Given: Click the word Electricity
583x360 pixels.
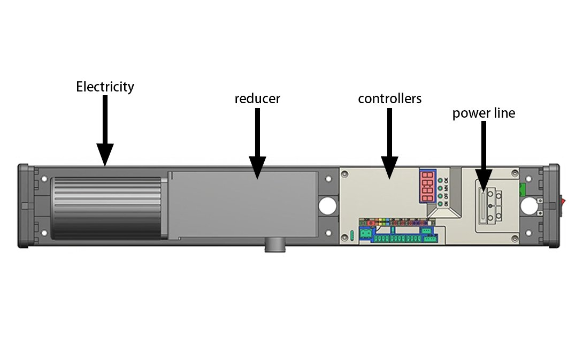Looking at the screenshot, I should click(x=105, y=87).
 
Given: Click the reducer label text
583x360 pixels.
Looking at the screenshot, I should click(x=257, y=99).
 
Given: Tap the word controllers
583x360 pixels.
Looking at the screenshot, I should click(x=389, y=99).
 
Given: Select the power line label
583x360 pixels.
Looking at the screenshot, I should click(x=484, y=113).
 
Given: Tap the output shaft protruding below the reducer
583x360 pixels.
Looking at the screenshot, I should click(x=275, y=247).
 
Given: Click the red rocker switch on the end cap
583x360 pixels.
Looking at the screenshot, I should click(x=563, y=204).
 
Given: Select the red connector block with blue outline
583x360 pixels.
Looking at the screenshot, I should click(x=427, y=187).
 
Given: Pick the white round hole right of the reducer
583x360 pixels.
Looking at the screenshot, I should click(x=327, y=204).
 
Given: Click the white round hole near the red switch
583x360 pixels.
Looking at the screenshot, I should click(x=530, y=204).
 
